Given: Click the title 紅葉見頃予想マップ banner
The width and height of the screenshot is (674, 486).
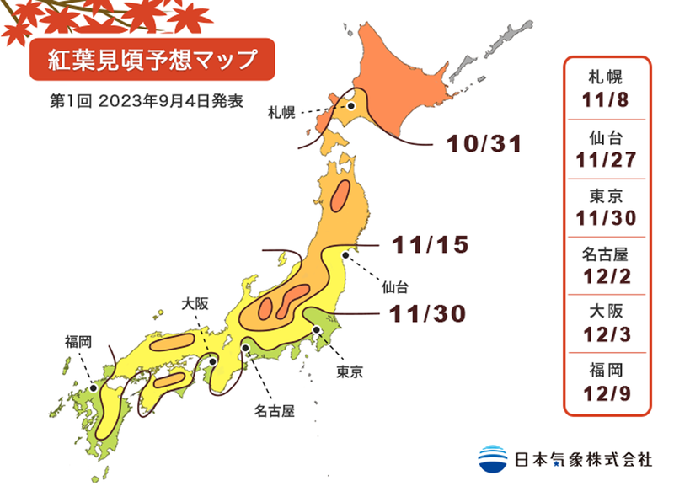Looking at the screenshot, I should (x=152, y=59).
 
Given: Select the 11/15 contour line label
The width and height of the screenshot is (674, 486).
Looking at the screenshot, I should (x=430, y=246).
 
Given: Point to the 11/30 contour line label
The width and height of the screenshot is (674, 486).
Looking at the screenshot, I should (x=428, y=313).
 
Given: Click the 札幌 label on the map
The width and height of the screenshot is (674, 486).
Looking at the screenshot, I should (x=281, y=112).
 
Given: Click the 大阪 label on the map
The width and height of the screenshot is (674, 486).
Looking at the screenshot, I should (x=195, y=304).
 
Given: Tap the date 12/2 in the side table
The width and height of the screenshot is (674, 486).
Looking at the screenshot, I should (x=606, y=275).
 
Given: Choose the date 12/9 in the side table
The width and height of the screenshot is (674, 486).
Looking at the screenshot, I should (x=606, y=392).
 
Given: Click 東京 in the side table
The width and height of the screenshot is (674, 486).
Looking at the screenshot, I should (x=606, y=195).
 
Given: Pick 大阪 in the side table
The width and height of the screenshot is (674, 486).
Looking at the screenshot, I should (x=606, y=312).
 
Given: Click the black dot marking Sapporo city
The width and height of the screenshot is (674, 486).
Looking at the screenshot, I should (x=351, y=107).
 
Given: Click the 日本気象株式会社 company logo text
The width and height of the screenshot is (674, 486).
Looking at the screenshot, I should (x=582, y=460).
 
